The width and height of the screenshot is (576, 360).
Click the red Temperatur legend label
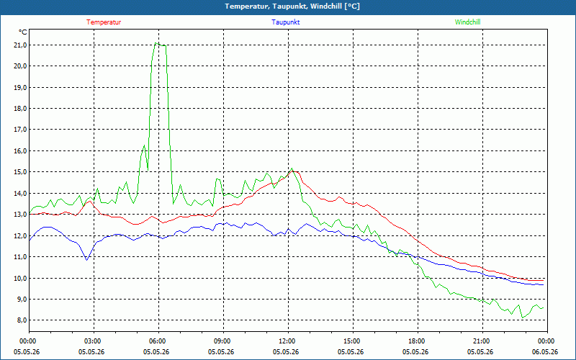tap(104, 22)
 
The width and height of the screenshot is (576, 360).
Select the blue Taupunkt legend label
tap(286, 22)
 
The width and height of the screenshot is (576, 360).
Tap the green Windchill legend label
tap(467, 22)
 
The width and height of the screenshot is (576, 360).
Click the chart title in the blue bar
tap(292, 6)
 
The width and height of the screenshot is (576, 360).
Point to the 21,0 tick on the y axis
tap(20, 45)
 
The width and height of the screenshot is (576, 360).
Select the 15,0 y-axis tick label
tap(20, 172)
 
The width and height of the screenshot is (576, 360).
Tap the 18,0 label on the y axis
tap(20, 109)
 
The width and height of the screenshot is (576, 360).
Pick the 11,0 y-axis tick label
tap(20, 257)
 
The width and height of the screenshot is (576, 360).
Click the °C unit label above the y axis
tap(23, 32)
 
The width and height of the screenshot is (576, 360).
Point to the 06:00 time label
tap(158, 341)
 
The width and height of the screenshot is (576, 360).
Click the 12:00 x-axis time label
tap(289, 341)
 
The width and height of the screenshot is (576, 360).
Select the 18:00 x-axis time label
tap(418, 341)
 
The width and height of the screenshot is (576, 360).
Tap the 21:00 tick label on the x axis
tap(482, 341)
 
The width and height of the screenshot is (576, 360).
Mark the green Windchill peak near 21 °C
tap(156, 43)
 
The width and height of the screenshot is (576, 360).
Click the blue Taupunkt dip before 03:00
tap(86, 260)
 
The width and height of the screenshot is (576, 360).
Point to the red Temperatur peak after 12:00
tap(294, 171)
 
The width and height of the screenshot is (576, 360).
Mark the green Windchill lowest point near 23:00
tap(523, 318)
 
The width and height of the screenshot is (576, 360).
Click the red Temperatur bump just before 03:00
tap(90, 202)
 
